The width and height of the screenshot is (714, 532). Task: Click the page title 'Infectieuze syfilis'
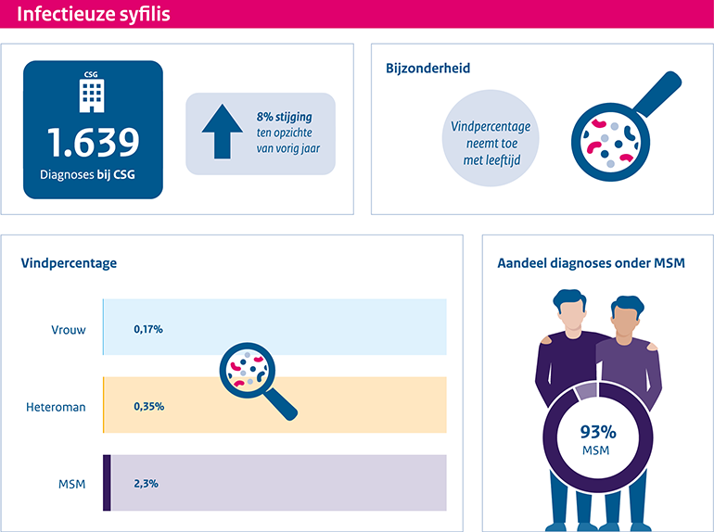pos(94,15)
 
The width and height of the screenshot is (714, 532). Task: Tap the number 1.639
pos(94,142)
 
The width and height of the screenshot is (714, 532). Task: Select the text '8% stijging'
pos(285,117)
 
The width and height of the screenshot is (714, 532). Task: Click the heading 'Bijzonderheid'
pos(427,68)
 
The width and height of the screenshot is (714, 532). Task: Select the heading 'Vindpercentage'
pos(69,263)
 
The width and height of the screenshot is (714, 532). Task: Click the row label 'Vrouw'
pos(69,329)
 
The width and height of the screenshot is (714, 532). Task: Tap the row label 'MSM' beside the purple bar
pos(71,483)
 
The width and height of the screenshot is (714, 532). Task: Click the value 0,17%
pos(148,329)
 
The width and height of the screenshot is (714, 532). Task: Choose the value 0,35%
pos(148,406)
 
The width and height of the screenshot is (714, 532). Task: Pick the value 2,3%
pos(147,483)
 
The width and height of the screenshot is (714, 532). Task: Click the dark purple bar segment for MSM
pos(107,483)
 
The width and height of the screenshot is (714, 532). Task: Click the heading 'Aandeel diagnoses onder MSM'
pos(591,263)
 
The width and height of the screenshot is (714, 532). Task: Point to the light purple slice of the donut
pos(585,391)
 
